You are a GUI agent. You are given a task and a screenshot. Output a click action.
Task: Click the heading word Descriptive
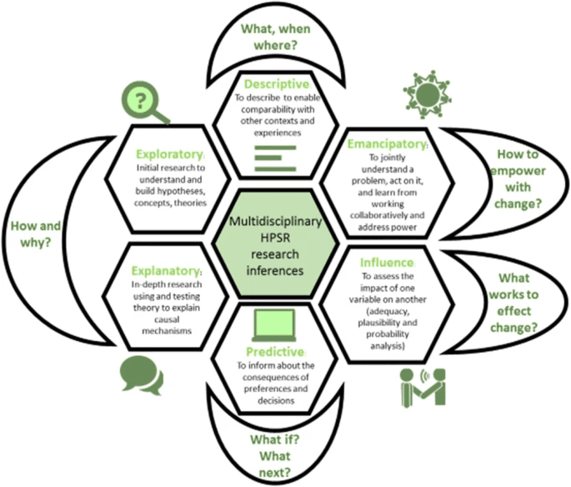[277, 84]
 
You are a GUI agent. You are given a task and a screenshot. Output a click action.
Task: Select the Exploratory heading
[170, 154]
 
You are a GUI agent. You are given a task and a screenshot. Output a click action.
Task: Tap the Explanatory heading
[166, 271]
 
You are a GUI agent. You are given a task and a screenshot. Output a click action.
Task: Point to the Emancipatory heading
[387, 144]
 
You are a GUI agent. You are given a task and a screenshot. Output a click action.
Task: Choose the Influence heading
[387, 263]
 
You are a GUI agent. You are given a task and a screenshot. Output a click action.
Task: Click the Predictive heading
[275, 352]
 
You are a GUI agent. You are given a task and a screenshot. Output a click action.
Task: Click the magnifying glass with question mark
[144, 103]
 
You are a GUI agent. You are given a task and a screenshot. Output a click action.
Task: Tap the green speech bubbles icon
[142, 375]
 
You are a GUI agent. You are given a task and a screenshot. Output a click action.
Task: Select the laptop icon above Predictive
[274, 325]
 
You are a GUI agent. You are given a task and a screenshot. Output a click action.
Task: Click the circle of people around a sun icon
[427, 94]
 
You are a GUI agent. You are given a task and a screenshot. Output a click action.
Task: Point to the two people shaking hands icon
[423, 388]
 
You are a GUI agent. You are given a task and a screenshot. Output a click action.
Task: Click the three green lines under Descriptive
[275, 158]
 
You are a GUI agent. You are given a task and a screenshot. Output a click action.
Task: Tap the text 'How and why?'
[36, 234]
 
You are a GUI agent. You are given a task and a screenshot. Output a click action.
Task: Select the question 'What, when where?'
[276, 38]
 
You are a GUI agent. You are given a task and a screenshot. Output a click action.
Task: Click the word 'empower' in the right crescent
[518, 172]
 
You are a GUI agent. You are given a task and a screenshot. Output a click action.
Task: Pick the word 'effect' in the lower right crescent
[514, 311]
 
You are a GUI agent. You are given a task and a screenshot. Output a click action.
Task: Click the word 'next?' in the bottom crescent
[275, 473]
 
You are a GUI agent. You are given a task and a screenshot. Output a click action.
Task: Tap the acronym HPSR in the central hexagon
[275, 238]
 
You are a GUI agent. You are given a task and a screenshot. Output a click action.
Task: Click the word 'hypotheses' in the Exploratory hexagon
[171, 191]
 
